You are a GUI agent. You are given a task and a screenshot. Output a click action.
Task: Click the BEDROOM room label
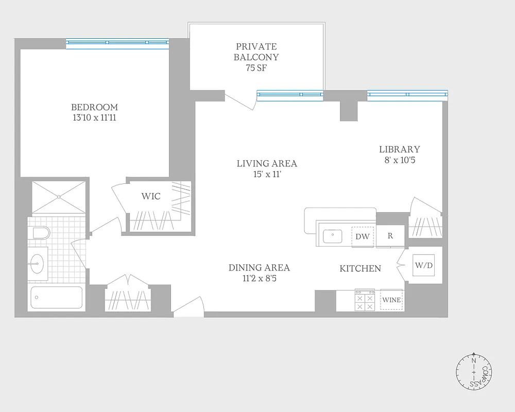94,107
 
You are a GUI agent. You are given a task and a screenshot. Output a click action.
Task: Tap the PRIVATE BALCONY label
256,52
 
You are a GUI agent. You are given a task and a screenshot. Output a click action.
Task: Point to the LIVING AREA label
267,164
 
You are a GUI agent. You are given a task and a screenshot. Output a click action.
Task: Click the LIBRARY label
399,149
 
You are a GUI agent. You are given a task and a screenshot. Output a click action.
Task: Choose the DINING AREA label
259,268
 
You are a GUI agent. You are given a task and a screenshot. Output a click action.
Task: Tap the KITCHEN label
360,269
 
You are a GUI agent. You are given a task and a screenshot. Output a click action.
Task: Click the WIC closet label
151,197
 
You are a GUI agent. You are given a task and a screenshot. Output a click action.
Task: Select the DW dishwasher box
363,237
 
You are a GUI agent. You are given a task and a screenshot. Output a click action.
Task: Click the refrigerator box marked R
390,236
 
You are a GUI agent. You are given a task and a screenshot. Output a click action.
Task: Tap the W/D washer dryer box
423,266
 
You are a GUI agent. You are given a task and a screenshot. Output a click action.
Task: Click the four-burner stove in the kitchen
365,301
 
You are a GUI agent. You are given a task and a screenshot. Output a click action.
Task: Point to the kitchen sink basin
333,237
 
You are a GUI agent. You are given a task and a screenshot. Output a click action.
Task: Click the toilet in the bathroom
41,233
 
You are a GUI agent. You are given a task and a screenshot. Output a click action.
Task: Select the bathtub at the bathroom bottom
57,297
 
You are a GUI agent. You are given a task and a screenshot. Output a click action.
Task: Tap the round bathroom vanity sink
36,263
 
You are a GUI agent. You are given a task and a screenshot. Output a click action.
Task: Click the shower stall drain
59,196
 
